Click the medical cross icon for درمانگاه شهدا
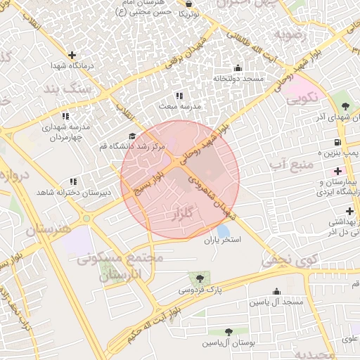click(x=72, y=55)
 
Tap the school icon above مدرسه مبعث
click(x=179, y=96)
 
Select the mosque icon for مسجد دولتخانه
click(x=237, y=68)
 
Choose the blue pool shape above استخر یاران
click(x=223, y=230)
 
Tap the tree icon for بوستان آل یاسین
click(x=229, y=331)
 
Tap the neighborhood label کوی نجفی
click(x=285, y=260)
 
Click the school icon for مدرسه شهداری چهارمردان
click(x=65, y=116)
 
